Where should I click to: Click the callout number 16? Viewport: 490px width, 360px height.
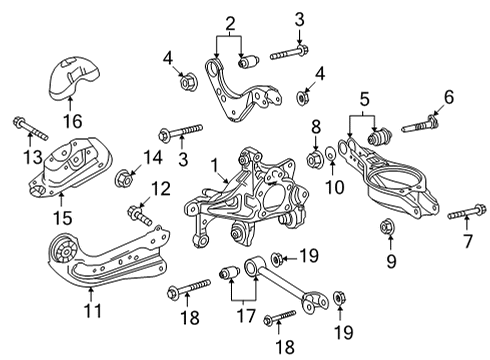point(70,121)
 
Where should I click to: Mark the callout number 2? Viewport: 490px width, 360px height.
point(230,22)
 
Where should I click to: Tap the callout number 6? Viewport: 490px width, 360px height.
point(449,96)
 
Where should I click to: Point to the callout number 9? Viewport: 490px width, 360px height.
point(391,262)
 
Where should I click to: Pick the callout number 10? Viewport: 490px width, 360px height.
point(336,186)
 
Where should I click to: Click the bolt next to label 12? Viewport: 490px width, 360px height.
point(138,213)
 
